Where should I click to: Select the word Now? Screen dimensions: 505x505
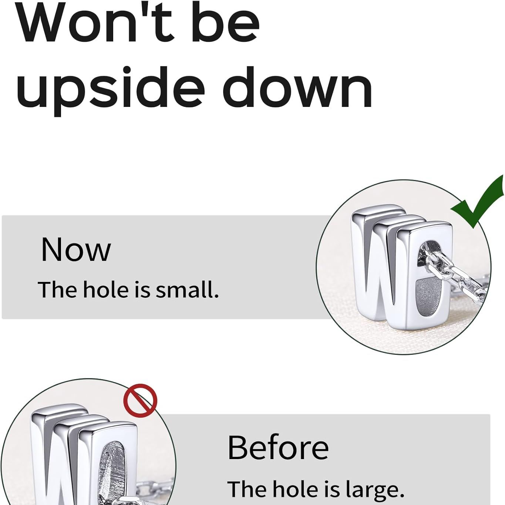[x=76, y=249]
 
